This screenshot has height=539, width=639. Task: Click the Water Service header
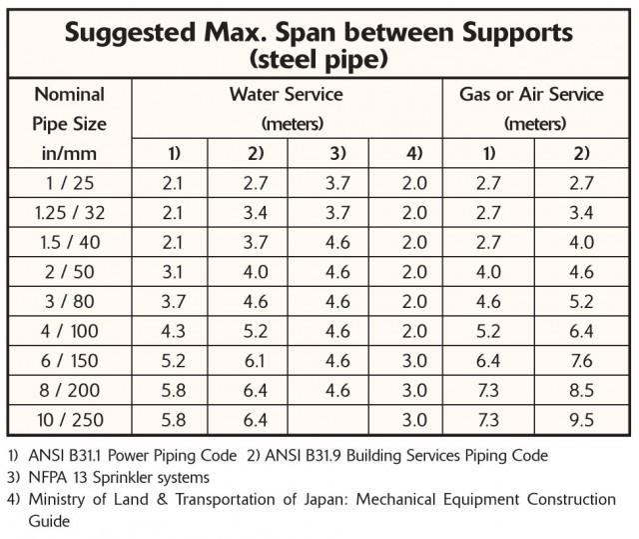[287, 95]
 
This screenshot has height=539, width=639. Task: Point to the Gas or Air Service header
[531, 95]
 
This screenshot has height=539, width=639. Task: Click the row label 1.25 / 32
[70, 213]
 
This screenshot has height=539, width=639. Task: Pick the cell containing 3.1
[171, 271]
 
